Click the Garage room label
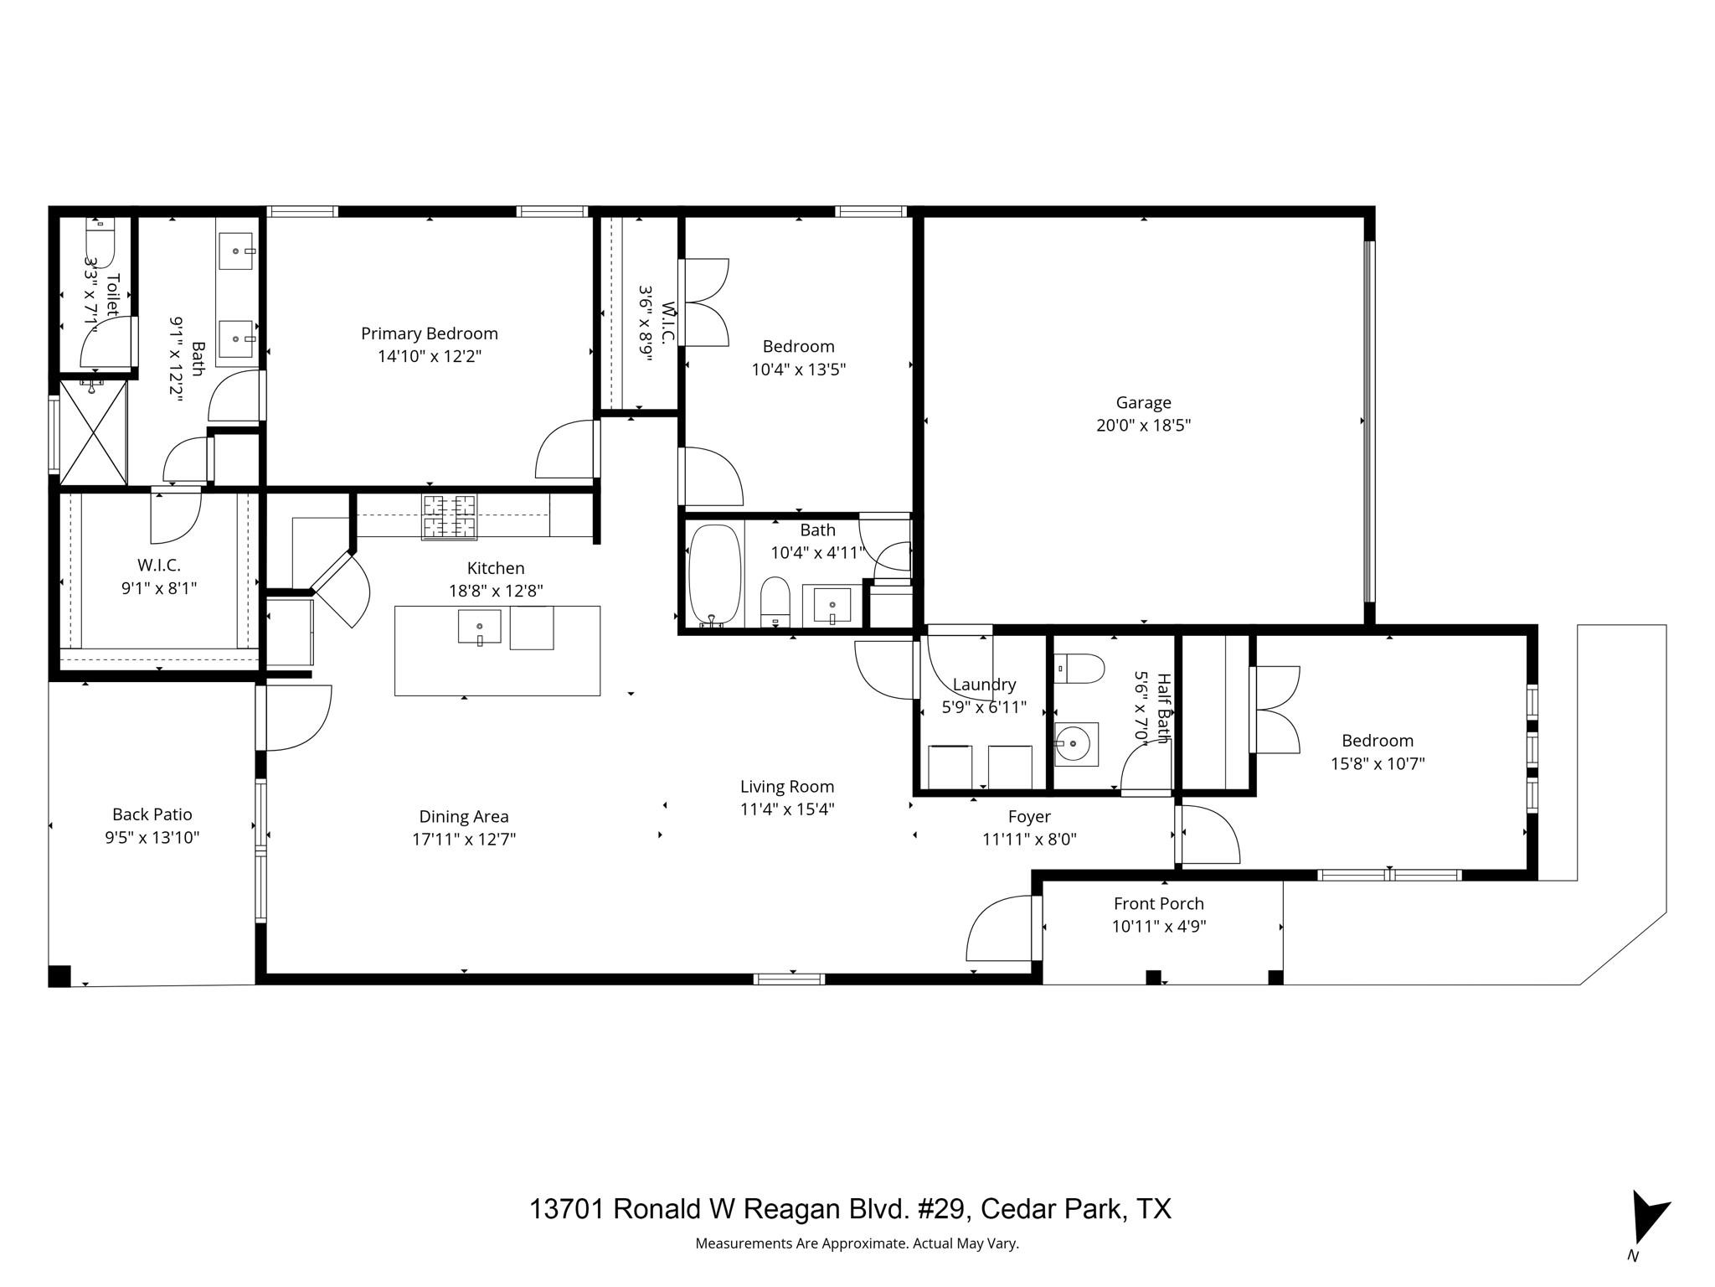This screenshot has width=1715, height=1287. click(x=1143, y=402)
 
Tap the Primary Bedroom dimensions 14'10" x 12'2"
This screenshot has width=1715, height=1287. click(x=430, y=356)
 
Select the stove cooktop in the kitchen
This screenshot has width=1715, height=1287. click(x=449, y=517)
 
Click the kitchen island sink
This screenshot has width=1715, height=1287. click(x=479, y=627)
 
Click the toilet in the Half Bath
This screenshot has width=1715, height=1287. click(x=1080, y=668)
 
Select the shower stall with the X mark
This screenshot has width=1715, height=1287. click(x=92, y=433)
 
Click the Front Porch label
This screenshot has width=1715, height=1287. click(x=1158, y=903)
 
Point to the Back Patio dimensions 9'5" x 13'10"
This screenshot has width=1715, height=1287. click(x=152, y=837)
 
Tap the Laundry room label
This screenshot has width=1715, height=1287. click(x=984, y=685)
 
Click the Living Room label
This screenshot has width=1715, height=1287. click(x=786, y=787)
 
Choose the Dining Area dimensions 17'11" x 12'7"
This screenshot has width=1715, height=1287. click(x=464, y=839)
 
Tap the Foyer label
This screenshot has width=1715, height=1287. click(x=1029, y=816)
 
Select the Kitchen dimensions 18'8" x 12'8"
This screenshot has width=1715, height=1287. click(x=496, y=591)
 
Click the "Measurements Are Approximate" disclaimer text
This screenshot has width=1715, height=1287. click(x=857, y=1243)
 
